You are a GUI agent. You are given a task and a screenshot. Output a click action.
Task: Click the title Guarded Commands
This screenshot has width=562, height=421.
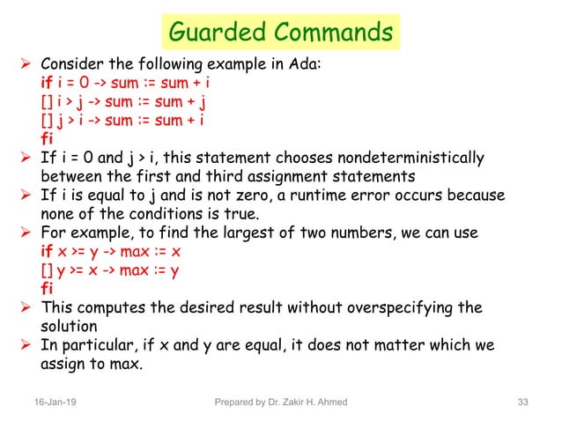pyautogui.click(x=280, y=33)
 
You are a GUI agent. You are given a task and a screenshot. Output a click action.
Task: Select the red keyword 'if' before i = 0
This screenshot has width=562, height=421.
pyautogui.click(x=48, y=84)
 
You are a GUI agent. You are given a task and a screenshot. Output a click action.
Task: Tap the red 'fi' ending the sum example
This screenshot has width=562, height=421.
pyautogui.click(x=48, y=139)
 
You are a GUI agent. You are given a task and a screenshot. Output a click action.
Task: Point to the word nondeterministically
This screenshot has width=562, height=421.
pyautogui.click(x=413, y=159)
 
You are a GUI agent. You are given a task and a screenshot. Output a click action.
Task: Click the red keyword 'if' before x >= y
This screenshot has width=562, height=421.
pyautogui.click(x=48, y=251)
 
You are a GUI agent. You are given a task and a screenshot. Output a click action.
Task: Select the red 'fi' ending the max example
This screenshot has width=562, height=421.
pyautogui.click(x=48, y=288)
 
